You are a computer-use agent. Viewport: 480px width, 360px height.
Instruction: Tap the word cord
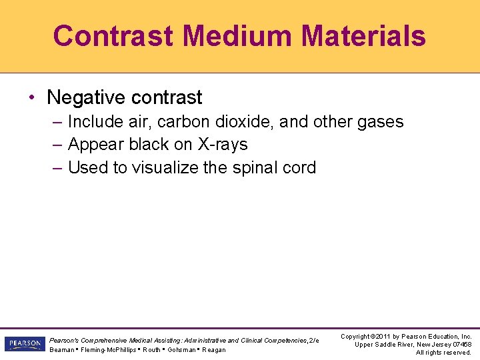(x=299, y=167)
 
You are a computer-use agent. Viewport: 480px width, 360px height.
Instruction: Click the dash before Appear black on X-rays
(x=57, y=145)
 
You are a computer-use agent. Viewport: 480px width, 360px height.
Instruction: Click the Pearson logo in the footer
(x=24, y=344)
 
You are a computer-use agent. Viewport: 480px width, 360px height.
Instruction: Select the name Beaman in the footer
(x=62, y=350)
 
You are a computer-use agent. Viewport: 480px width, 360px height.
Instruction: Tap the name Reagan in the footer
(x=213, y=350)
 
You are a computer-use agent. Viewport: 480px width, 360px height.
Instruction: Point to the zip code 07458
(x=461, y=345)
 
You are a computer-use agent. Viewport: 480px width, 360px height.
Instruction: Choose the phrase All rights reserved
(x=443, y=353)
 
